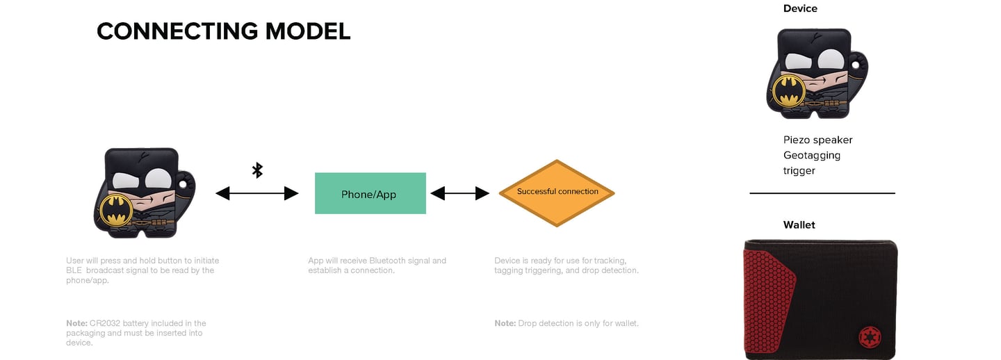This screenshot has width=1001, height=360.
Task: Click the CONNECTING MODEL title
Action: (x=223, y=31)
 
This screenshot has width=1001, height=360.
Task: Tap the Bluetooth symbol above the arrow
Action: (x=257, y=170)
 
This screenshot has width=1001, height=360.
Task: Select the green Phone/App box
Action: (x=370, y=193)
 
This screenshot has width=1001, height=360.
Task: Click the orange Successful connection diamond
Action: (x=557, y=193)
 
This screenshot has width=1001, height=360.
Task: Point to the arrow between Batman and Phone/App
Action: (x=257, y=194)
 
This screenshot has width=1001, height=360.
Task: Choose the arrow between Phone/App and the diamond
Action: (x=459, y=193)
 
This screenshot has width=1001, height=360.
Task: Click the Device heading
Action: (x=800, y=9)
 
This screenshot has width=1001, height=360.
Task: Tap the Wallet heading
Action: (x=799, y=225)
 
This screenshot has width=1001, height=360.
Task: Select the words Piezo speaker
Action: (x=817, y=140)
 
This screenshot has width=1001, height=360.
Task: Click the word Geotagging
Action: (x=812, y=156)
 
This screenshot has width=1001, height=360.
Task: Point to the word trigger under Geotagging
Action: (x=799, y=171)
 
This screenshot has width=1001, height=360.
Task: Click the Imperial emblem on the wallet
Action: (x=868, y=336)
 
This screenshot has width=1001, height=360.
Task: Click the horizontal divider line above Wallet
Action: (x=822, y=193)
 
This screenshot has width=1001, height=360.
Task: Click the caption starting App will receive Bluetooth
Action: (x=377, y=265)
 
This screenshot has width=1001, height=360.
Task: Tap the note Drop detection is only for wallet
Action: (x=567, y=323)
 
